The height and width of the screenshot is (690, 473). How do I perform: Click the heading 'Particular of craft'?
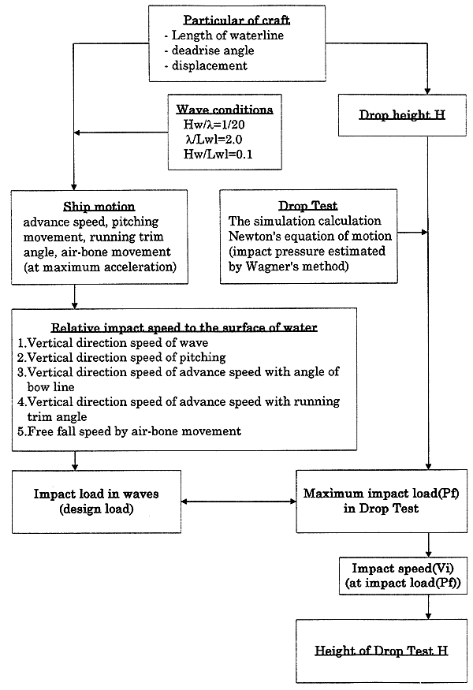pyautogui.click(x=236, y=21)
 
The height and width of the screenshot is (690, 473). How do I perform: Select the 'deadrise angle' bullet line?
pyautogui.click(x=209, y=50)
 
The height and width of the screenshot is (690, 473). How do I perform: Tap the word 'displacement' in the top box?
pyautogui.click(x=210, y=65)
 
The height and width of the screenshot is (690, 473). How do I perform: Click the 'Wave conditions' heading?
pyautogui.click(x=225, y=109)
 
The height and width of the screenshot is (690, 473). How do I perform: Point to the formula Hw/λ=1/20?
pyautogui.click(x=214, y=124)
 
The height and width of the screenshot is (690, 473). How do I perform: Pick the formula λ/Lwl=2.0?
pyautogui.click(x=214, y=139)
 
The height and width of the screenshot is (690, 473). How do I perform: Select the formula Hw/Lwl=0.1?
pyautogui.click(x=218, y=154)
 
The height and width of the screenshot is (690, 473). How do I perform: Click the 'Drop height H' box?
pyautogui.click(x=402, y=115)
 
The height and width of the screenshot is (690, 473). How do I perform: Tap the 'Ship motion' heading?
pyautogui.click(x=99, y=207)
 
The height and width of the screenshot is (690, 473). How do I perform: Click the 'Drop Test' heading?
pyautogui.click(x=308, y=206)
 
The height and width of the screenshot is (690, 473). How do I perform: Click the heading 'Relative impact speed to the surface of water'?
pyautogui.click(x=184, y=327)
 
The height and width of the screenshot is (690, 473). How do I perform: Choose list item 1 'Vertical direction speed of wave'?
pyautogui.click(x=113, y=342)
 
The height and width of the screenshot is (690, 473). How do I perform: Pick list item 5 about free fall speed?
pyautogui.click(x=129, y=431)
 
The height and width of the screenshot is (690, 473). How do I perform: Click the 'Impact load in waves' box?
pyautogui.click(x=96, y=502)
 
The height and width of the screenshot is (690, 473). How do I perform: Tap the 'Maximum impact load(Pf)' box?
pyautogui.click(x=382, y=502)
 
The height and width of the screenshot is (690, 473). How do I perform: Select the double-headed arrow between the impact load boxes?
pyautogui.click(x=239, y=502)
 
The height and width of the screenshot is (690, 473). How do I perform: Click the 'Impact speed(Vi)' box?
pyautogui.click(x=403, y=576)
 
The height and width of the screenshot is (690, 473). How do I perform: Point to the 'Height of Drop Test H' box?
pyautogui.click(x=382, y=651)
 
